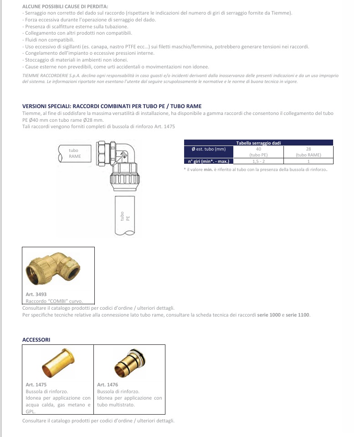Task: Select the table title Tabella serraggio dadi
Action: [x=258, y=143]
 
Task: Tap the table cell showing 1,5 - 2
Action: [x=258, y=161]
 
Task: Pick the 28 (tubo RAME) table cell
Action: [x=308, y=151]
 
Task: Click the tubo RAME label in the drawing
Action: [x=74, y=153]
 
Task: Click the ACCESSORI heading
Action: [x=36, y=340]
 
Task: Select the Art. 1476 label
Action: [x=108, y=385]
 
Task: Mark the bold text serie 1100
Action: [x=298, y=315]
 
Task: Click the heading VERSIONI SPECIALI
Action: [x=112, y=106]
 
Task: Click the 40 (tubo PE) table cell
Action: [x=258, y=151]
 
